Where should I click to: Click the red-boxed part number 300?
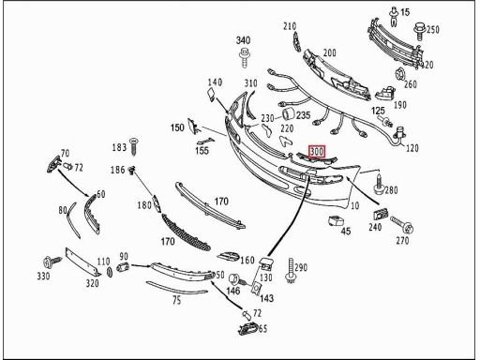pyautogui.click(x=317, y=152)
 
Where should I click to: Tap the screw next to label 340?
pyautogui.click(x=244, y=57)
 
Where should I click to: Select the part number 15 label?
pyautogui.click(x=405, y=12)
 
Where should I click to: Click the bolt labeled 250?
pyautogui.click(x=420, y=32)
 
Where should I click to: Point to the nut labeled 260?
pyautogui.click(x=400, y=74)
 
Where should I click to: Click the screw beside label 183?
pyautogui.click(x=134, y=146)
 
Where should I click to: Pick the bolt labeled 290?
pyautogui.click(x=291, y=271)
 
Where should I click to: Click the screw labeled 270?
pyautogui.click(x=402, y=225)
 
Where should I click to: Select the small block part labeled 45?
pyautogui.click(x=336, y=220)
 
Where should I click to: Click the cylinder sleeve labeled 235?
pyautogui.click(x=288, y=113)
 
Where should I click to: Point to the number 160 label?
pyautogui.click(x=247, y=260)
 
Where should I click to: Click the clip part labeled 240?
pyautogui.click(x=381, y=214)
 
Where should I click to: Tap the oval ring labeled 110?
pyautogui.click(x=110, y=272)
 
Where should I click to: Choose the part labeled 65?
pyautogui.click(x=248, y=329)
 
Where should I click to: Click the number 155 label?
pyautogui.click(x=202, y=151)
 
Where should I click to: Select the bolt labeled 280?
pyautogui.click(x=379, y=185)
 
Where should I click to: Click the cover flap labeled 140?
pyautogui.click(x=211, y=94)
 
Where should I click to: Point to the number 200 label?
pyautogui.click(x=330, y=52)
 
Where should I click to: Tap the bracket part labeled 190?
pyautogui.click(x=385, y=92)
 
